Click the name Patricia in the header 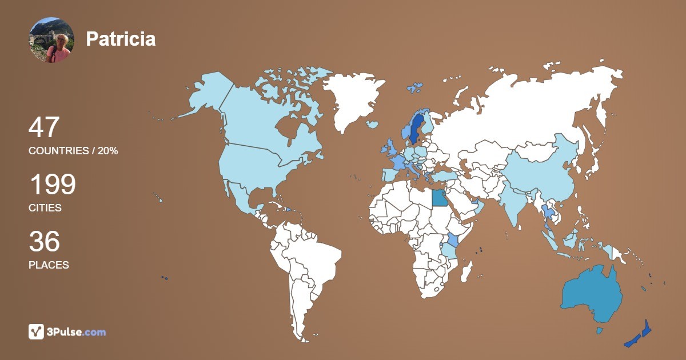(x=121, y=39)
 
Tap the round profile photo (x=51, y=39)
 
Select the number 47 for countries (x=44, y=127)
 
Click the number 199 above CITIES (x=52, y=185)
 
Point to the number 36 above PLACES (x=44, y=242)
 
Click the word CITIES (x=45, y=208)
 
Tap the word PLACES (x=49, y=265)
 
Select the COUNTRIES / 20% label (x=73, y=151)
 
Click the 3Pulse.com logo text (x=77, y=332)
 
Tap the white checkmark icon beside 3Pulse (x=36, y=332)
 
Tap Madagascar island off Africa (x=468, y=271)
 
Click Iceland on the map (x=373, y=124)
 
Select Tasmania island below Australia (x=600, y=331)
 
